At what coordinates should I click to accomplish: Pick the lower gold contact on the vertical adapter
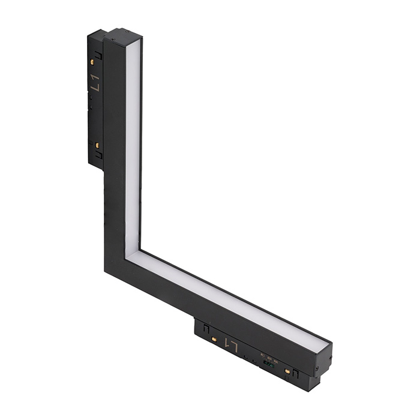click(x=96, y=145)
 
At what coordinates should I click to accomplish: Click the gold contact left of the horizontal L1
click(x=212, y=340)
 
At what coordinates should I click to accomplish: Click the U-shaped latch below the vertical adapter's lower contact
click(x=97, y=155)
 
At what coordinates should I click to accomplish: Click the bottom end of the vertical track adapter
click(x=95, y=167)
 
